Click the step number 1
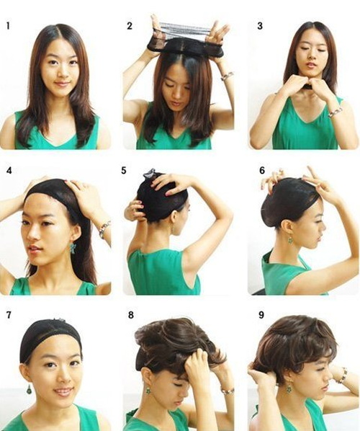pos(8,26)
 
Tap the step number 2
pos(130,26)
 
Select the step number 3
pos(260,26)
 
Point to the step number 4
pos(9,170)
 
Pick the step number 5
pos(124,170)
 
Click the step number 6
pos(262,170)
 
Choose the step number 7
pos(9,315)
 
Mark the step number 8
pos(131,315)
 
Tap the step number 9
pos(261,315)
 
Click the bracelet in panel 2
pos(227,76)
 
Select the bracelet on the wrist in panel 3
pos(336,112)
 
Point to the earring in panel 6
pos(290,241)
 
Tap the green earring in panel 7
pos(29,389)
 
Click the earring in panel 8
pos(148,391)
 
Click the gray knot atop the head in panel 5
pos(149,174)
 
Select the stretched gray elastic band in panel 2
pos(185,30)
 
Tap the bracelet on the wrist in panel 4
pos(104,229)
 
